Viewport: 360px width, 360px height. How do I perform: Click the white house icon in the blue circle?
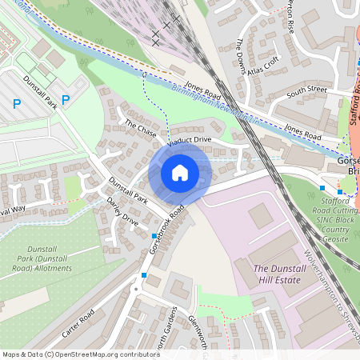(180, 173)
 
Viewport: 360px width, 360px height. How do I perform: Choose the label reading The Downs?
(239, 54)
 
